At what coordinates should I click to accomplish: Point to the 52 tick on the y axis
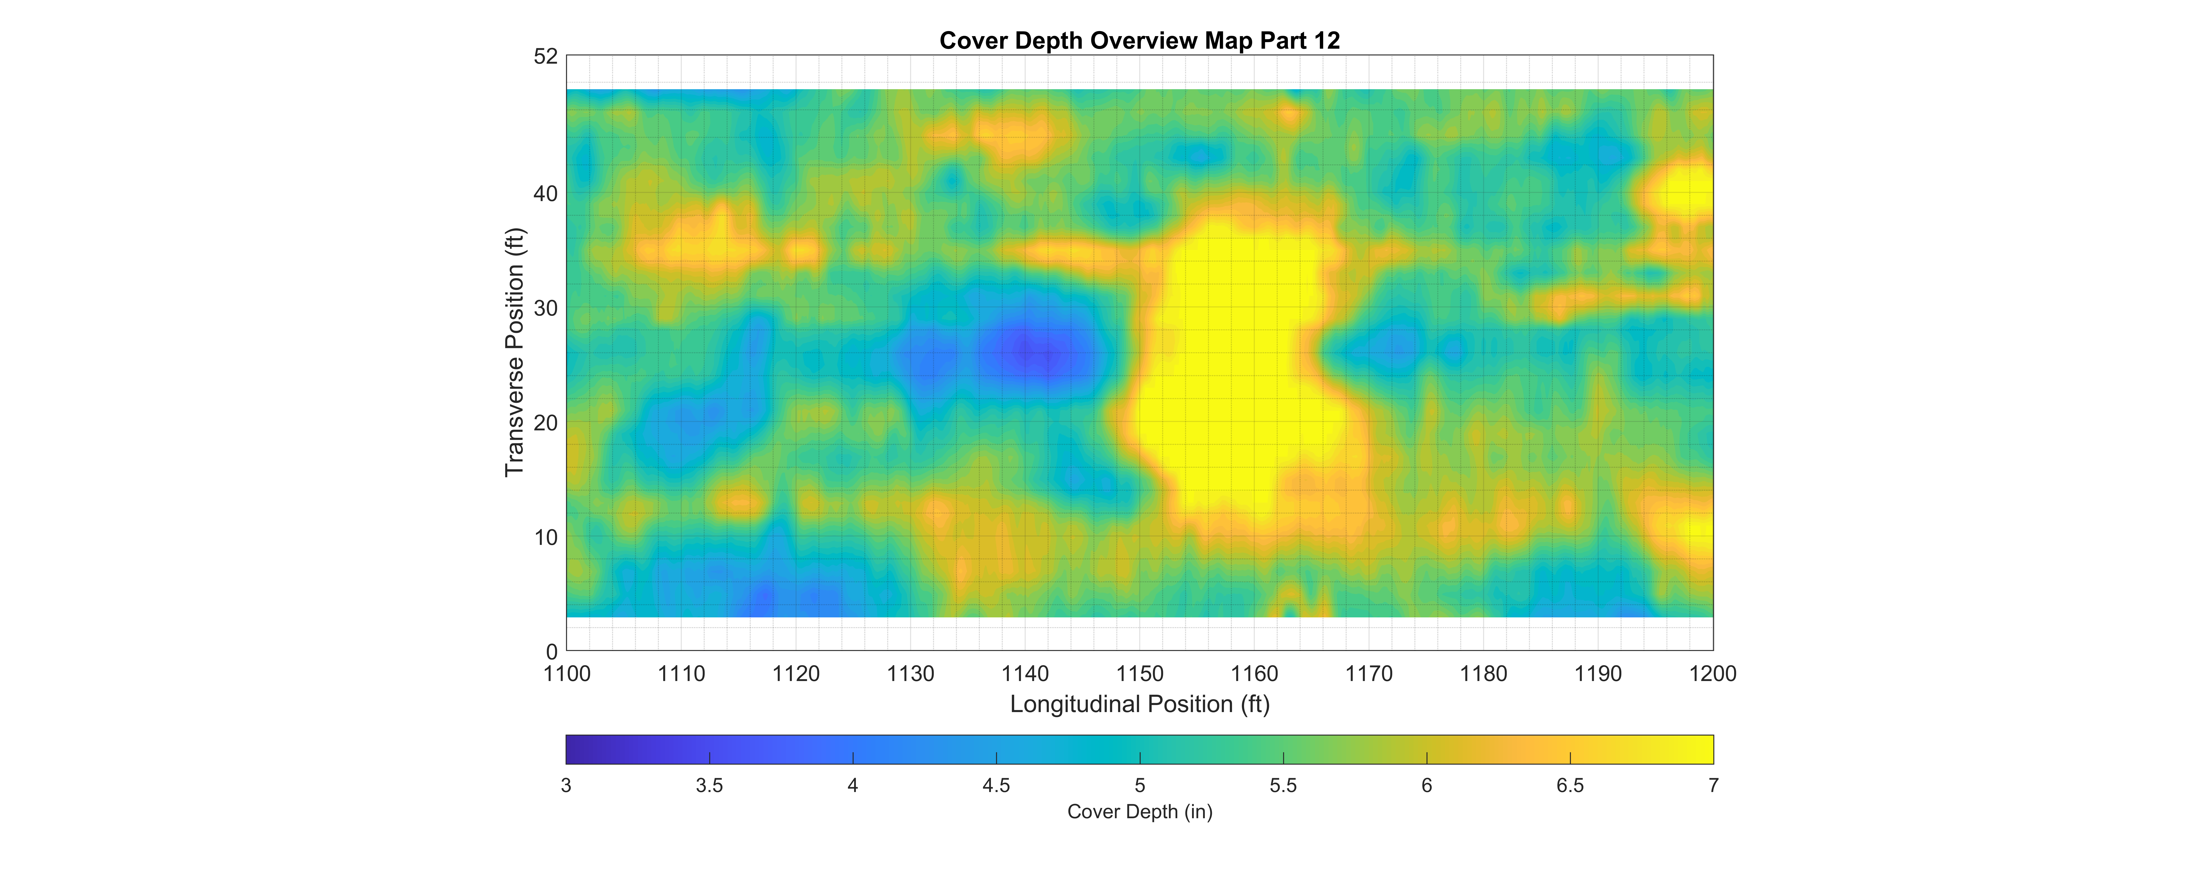point(546,56)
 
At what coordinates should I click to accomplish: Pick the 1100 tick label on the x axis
point(567,674)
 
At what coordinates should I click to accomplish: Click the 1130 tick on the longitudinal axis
point(911,674)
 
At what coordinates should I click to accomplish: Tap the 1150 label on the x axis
point(1140,674)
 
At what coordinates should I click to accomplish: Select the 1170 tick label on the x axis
point(1369,674)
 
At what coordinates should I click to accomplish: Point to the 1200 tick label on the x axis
point(1713,674)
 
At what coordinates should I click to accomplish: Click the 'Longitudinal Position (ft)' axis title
point(1140,704)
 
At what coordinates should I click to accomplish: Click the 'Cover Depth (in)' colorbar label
point(1140,812)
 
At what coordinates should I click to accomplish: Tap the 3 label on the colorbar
point(566,785)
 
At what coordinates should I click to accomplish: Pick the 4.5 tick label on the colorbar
point(996,785)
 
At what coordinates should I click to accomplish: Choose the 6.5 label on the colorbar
point(1570,785)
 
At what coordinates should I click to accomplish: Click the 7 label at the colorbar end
point(1713,785)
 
